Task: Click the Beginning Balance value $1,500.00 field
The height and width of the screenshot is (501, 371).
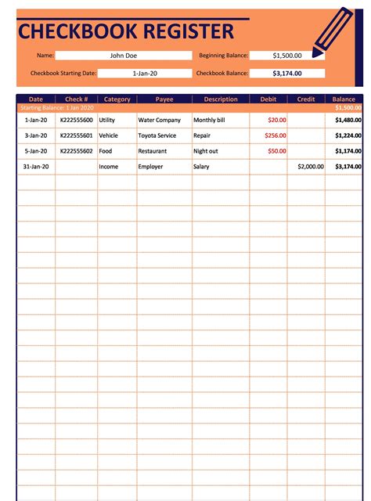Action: (286, 56)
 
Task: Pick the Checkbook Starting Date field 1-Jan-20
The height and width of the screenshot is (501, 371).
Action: (145, 73)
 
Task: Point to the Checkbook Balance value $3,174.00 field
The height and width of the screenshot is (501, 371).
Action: (286, 73)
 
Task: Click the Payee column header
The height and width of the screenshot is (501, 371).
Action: (164, 99)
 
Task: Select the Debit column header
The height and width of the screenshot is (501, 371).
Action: (268, 99)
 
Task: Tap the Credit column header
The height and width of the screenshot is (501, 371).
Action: (306, 99)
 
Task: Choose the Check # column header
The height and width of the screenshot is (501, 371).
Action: (77, 99)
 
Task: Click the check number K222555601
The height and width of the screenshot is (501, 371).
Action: (77, 135)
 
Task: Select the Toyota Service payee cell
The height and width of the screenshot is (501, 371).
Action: (157, 135)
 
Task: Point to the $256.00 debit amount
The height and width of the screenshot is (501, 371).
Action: (276, 135)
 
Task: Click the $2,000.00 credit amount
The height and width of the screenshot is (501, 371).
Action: (311, 167)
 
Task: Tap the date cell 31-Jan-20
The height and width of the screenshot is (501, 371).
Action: (36, 167)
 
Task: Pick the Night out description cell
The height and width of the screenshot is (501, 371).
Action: (206, 150)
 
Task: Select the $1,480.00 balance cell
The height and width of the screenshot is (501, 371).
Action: (348, 121)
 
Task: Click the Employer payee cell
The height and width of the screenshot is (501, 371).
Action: (151, 167)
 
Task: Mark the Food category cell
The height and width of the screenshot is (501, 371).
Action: (106, 150)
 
